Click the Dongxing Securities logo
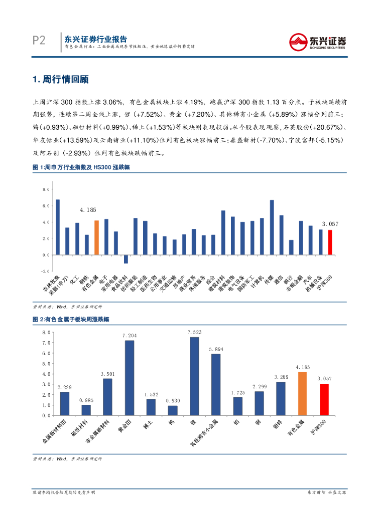coord(318,41)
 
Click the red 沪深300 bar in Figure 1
coord(330,242)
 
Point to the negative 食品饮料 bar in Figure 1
coord(125,259)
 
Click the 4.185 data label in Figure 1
coord(88,210)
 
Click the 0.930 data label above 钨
coord(173,401)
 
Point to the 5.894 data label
coord(216,349)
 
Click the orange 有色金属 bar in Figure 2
coord(303,394)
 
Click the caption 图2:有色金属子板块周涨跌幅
coord(70,319)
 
